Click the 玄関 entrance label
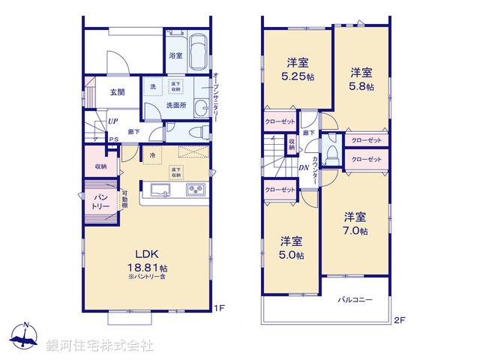118,92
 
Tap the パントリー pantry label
101,200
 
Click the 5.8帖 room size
361,86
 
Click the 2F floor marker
400,320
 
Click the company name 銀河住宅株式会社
100,346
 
